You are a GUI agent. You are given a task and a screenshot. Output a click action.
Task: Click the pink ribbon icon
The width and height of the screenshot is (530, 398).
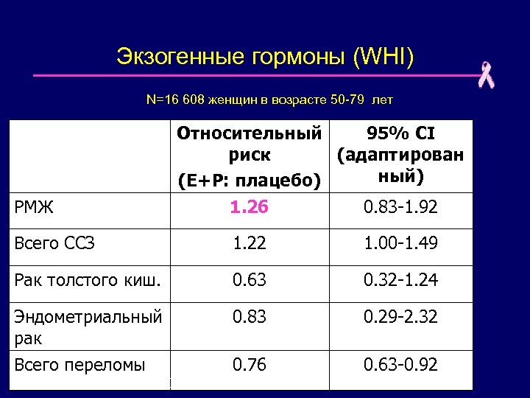click(x=486, y=75)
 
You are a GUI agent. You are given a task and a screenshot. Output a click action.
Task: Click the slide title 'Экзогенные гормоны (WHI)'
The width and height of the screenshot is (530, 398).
click(x=265, y=56)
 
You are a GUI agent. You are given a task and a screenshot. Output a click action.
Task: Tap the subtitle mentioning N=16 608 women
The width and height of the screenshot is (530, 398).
click(x=270, y=99)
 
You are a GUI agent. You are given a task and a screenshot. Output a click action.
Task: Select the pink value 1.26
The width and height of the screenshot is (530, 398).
click(x=249, y=207)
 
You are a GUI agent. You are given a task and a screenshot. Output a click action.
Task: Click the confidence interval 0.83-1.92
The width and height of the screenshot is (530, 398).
click(x=400, y=208)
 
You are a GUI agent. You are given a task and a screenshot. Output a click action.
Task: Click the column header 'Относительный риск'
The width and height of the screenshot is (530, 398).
click(x=249, y=156)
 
